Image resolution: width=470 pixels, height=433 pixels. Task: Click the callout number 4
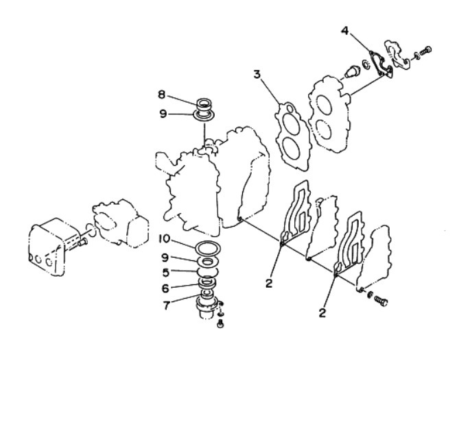[x=345, y=31]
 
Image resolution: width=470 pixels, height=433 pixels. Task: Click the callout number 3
[x=257, y=74]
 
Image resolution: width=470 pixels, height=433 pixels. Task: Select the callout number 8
[x=161, y=95]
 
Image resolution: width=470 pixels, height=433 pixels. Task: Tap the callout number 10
[x=164, y=238]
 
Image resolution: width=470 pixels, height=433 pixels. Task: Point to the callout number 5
[x=166, y=272]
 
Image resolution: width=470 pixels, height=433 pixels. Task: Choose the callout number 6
[x=165, y=288]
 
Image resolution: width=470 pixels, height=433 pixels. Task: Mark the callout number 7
[x=167, y=306]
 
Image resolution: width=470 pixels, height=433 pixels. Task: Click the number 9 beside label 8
[x=163, y=114]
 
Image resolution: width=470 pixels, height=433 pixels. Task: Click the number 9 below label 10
[x=165, y=258]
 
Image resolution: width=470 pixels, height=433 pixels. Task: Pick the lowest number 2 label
[x=322, y=313]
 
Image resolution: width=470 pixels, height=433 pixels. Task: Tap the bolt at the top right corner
[x=425, y=51]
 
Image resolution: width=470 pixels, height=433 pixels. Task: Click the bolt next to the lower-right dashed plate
[x=381, y=301]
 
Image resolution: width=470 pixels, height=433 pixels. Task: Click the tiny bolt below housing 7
[x=221, y=324]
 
